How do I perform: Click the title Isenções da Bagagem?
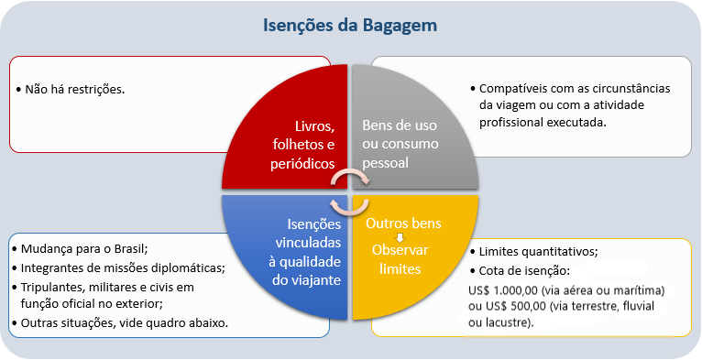point(351,25)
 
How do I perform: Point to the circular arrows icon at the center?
point(349,191)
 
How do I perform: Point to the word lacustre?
point(519,322)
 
